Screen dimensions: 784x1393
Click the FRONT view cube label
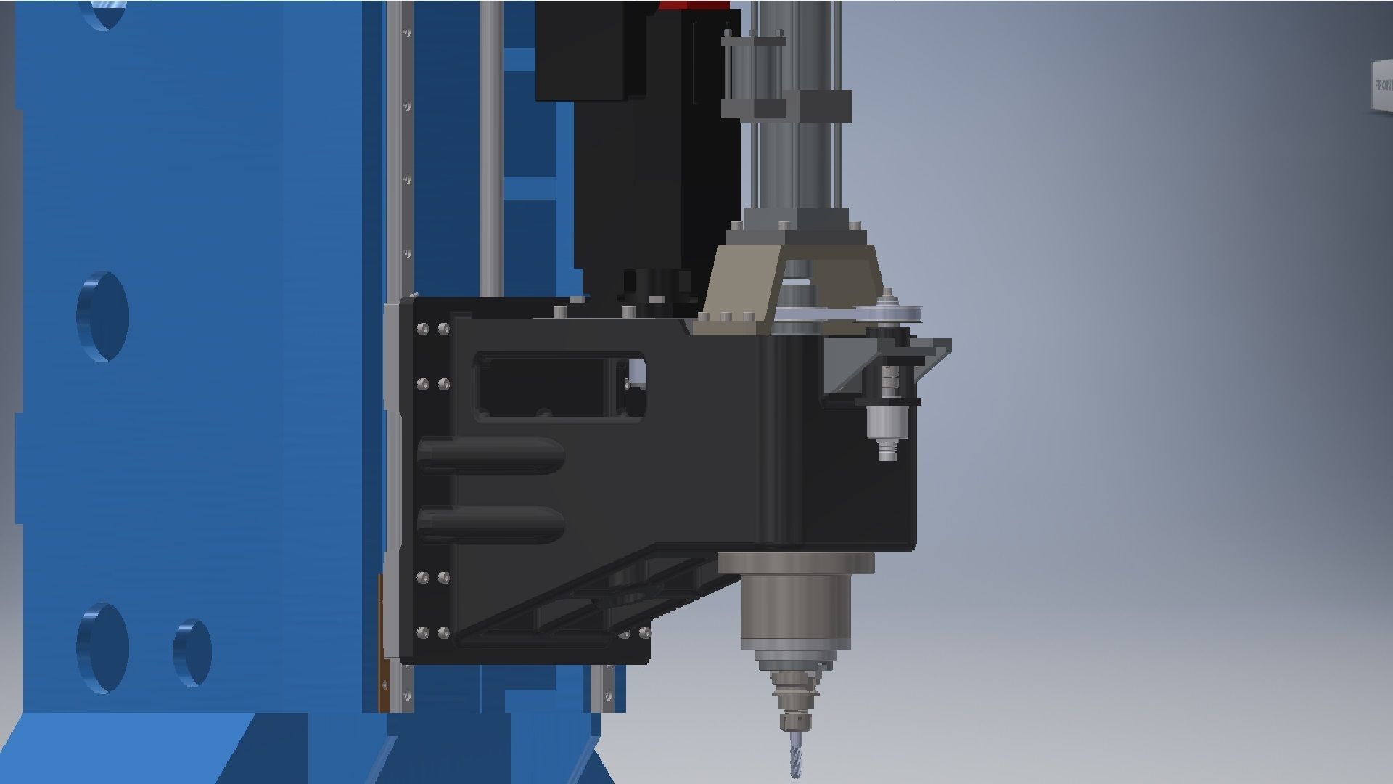tap(1381, 86)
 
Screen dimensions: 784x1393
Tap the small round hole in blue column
tap(192, 653)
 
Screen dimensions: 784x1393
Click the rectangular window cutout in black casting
tap(559, 386)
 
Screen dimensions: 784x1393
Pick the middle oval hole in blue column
tap(103, 317)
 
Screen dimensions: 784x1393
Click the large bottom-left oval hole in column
tap(103, 646)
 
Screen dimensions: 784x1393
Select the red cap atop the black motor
tap(693, 5)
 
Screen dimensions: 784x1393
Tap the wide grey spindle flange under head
tap(796, 563)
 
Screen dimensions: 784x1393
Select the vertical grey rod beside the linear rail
tap(491, 145)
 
